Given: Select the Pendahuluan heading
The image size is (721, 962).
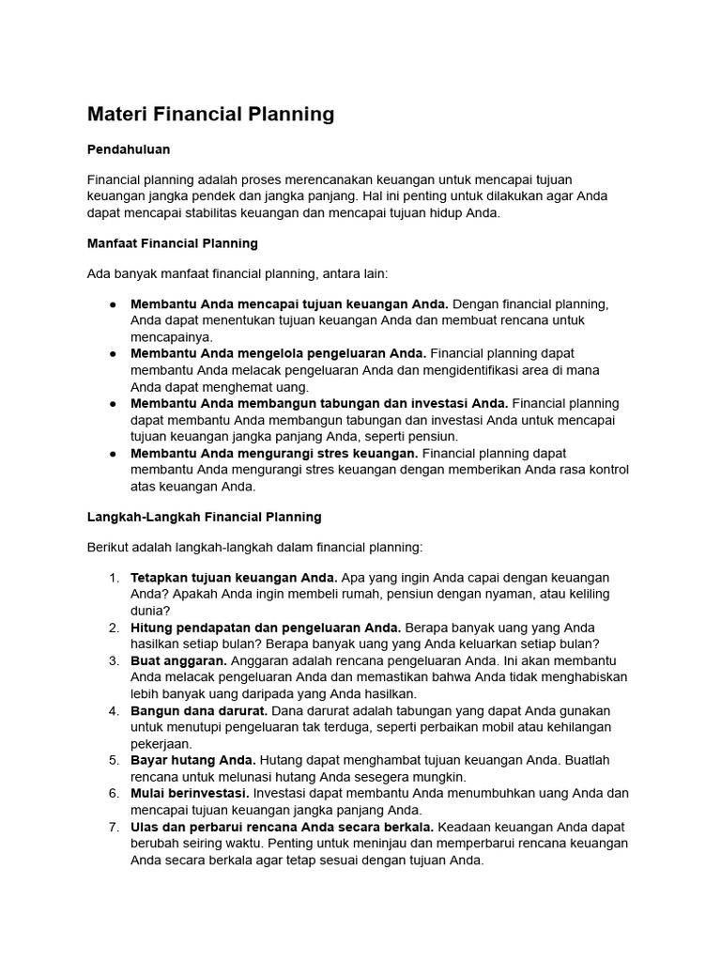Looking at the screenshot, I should pyautogui.click(x=129, y=149).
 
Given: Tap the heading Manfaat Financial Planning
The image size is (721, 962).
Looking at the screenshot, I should pyautogui.click(x=172, y=243).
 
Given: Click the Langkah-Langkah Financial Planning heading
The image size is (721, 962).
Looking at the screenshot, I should pyautogui.click(x=204, y=517).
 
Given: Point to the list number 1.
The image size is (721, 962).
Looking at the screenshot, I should pyautogui.click(x=114, y=577).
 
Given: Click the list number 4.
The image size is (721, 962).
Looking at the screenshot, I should pyautogui.click(x=114, y=710).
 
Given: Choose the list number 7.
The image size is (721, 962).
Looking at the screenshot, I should pyautogui.click(x=114, y=827).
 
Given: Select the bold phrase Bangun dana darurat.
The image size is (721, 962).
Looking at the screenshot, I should pyautogui.click(x=200, y=710).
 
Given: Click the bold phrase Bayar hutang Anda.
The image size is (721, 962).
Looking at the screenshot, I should pyautogui.click(x=193, y=760).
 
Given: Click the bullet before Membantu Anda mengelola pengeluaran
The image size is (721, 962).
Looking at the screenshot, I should pyautogui.click(x=113, y=353).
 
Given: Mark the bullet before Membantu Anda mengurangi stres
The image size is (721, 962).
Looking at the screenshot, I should pyautogui.click(x=113, y=453).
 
